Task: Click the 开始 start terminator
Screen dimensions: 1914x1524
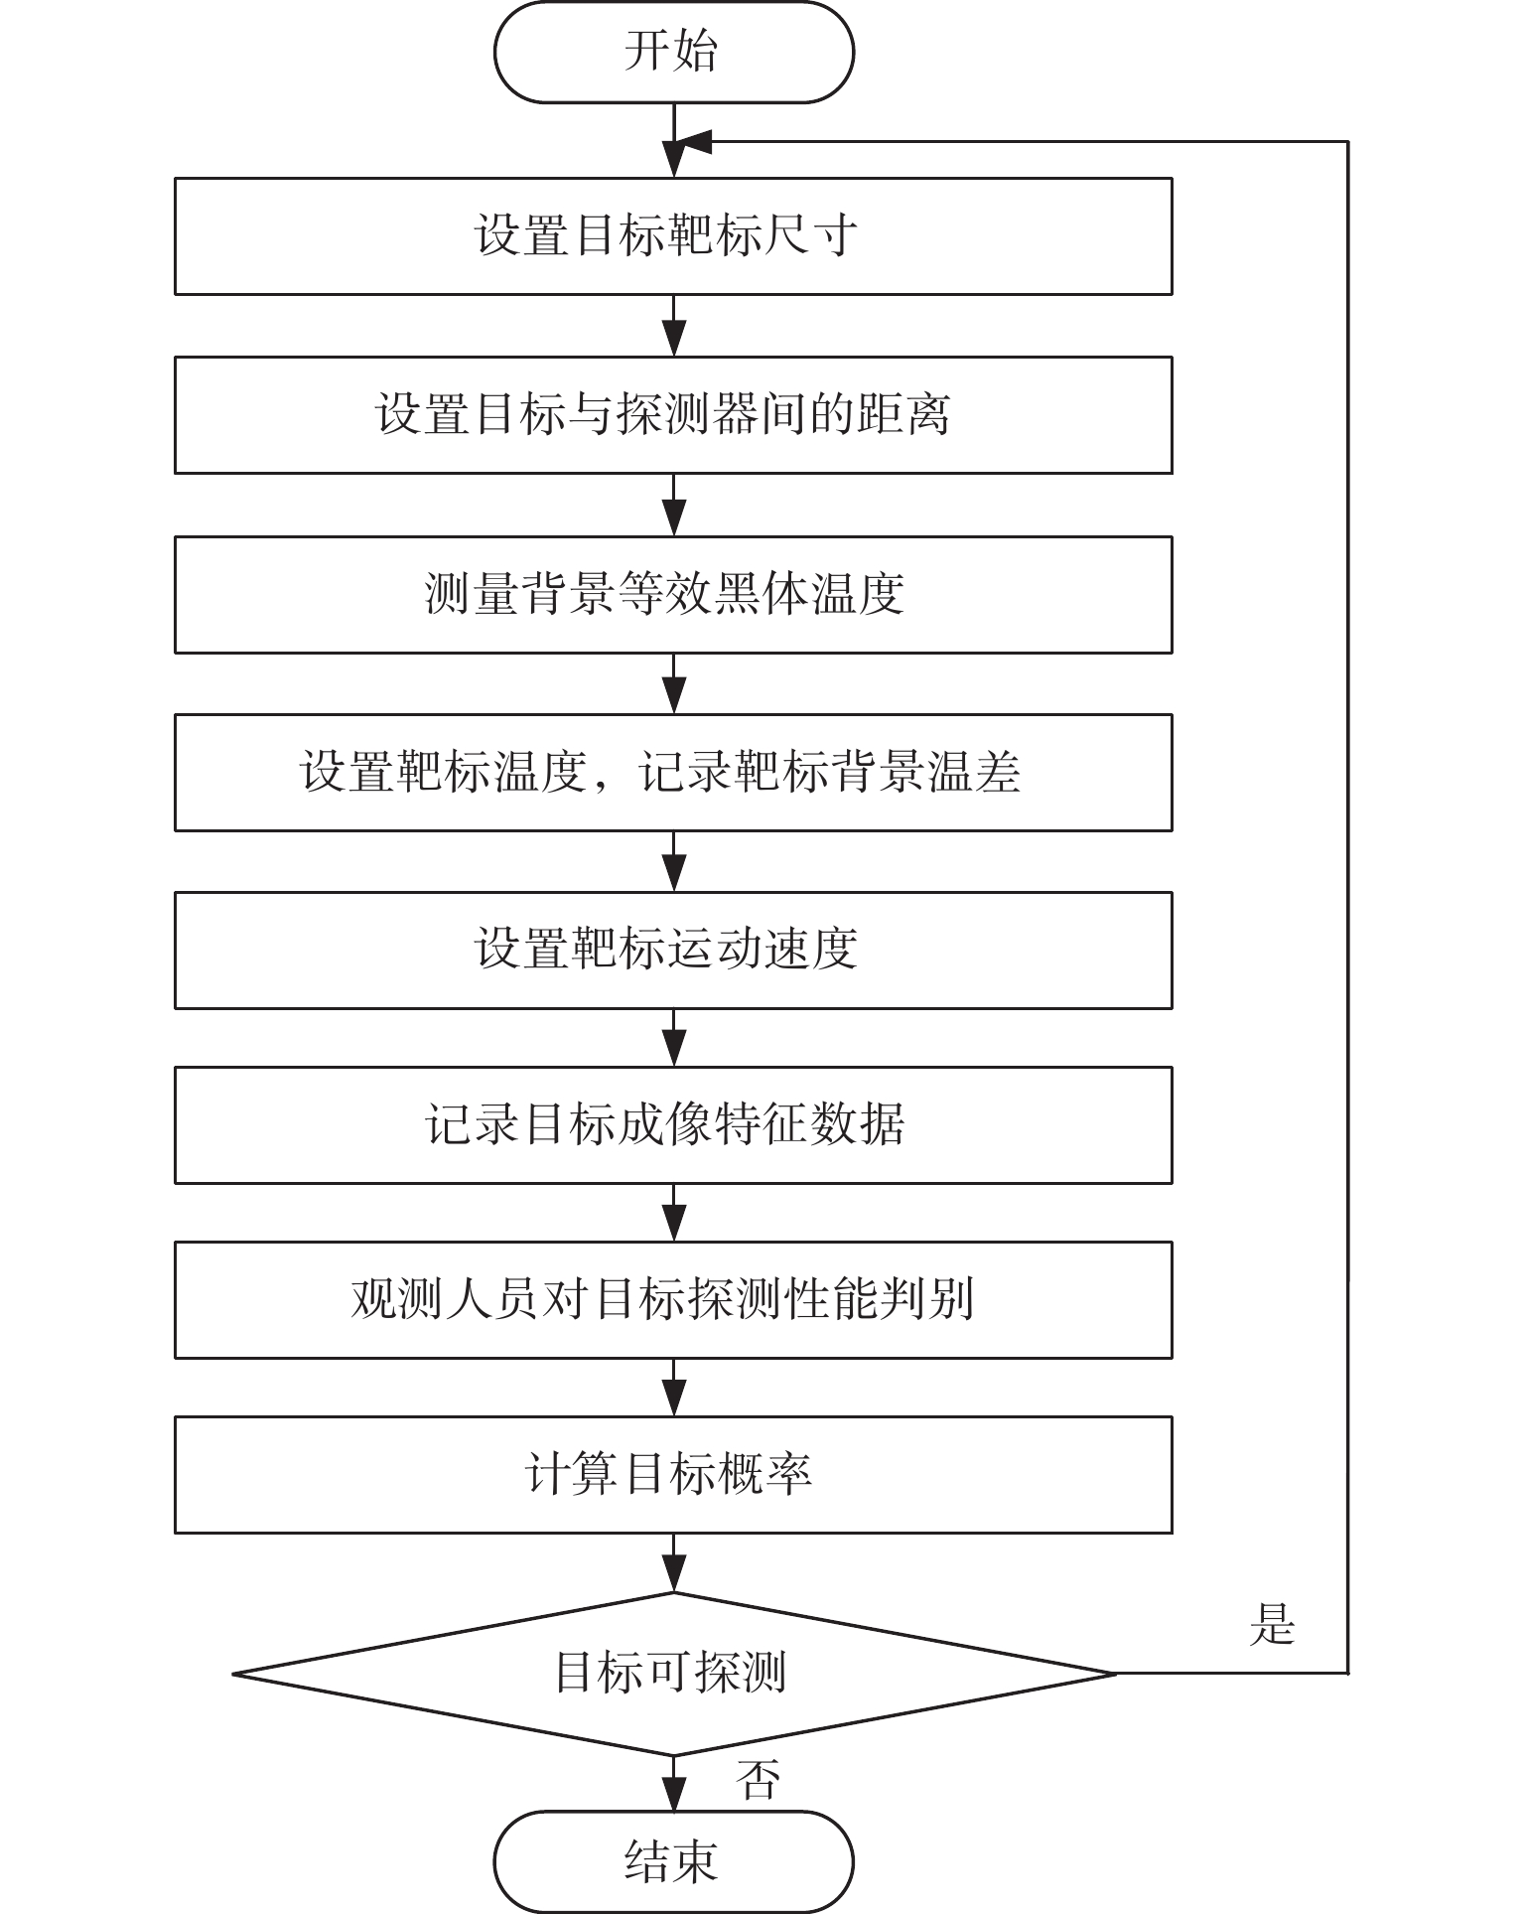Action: coord(673,52)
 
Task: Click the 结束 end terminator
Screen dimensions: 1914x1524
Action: coord(673,1861)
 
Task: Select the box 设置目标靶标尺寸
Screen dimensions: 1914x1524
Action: coord(673,236)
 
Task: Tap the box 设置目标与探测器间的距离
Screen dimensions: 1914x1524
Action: coord(673,415)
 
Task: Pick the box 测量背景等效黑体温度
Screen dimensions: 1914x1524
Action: coord(673,594)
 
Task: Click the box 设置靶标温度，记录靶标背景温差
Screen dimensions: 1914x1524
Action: coord(673,773)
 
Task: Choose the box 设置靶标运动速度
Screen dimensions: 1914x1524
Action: coord(673,950)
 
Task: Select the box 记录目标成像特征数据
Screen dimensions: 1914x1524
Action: coord(673,1125)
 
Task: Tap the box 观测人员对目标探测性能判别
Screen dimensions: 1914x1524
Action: coord(673,1299)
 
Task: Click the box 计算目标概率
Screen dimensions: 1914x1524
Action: coord(673,1474)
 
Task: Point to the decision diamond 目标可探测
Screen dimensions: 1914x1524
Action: coord(673,1674)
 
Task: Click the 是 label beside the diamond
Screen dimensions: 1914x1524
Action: coord(1272,1626)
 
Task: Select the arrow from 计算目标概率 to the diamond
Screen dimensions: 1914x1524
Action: coord(674,1562)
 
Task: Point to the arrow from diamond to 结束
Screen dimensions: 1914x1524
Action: coord(674,1783)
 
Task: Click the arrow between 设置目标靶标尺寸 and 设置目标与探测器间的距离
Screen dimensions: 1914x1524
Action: coord(674,326)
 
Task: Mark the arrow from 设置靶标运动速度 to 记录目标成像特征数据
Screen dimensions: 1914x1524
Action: coord(674,1038)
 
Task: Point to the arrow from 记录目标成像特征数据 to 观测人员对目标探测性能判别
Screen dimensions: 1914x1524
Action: coord(674,1213)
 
